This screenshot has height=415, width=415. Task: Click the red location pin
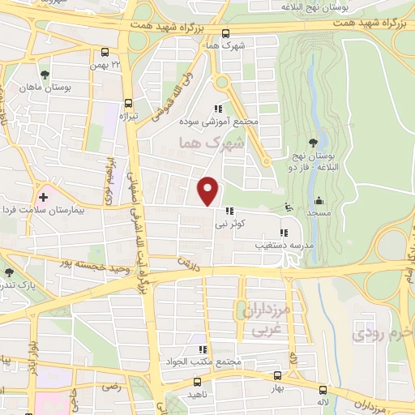tap(209, 190)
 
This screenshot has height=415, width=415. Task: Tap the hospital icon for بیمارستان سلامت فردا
tap(43, 195)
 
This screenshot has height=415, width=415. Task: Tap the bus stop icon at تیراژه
tap(129, 104)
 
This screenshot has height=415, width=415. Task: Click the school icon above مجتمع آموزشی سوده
tap(217, 109)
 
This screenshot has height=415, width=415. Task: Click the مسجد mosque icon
tap(319, 200)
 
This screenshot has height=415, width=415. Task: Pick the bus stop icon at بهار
tap(278, 376)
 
